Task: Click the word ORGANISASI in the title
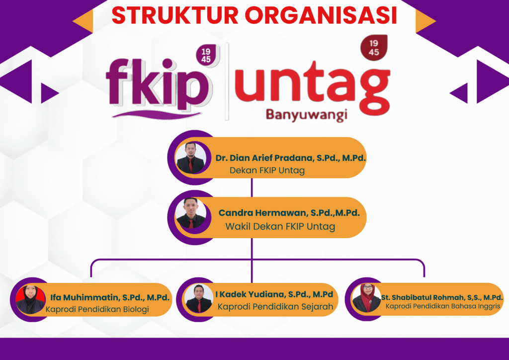(322, 15)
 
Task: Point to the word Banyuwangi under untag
(306, 114)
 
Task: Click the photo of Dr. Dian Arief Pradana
(190, 158)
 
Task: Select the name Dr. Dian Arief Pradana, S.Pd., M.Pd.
(291, 158)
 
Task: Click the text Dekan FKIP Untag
(267, 171)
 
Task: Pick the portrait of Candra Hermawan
(190, 213)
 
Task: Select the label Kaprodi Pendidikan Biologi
(97, 310)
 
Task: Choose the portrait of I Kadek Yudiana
(199, 298)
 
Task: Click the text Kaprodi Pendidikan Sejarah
(275, 307)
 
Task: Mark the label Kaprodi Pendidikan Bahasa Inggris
(442, 306)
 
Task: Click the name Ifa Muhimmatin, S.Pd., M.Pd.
(110, 298)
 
